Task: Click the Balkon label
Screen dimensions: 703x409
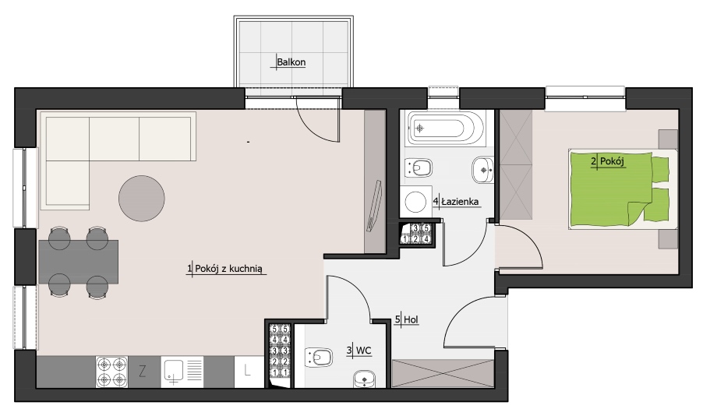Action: pos(291,62)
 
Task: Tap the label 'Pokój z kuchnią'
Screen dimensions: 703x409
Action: pos(228,269)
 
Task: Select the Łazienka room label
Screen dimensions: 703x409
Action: pos(460,202)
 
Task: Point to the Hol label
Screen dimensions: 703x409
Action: pos(412,319)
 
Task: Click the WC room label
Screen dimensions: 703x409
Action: pos(364,351)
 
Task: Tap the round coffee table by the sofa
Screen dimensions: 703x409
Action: pos(142,199)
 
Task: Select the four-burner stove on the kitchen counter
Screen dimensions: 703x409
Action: pos(111,372)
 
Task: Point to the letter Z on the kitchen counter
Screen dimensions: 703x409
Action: pos(143,371)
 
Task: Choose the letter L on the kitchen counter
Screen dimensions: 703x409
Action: pos(247,370)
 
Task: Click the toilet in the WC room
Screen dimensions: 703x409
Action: pos(319,358)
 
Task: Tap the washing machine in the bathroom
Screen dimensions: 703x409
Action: pos(416,202)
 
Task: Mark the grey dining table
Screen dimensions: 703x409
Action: pos(79,262)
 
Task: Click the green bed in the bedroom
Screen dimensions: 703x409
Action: pos(619,189)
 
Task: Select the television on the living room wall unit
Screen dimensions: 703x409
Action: pos(374,206)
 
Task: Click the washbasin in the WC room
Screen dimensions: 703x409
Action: pos(365,379)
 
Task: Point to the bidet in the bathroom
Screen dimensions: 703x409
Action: pos(419,168)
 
